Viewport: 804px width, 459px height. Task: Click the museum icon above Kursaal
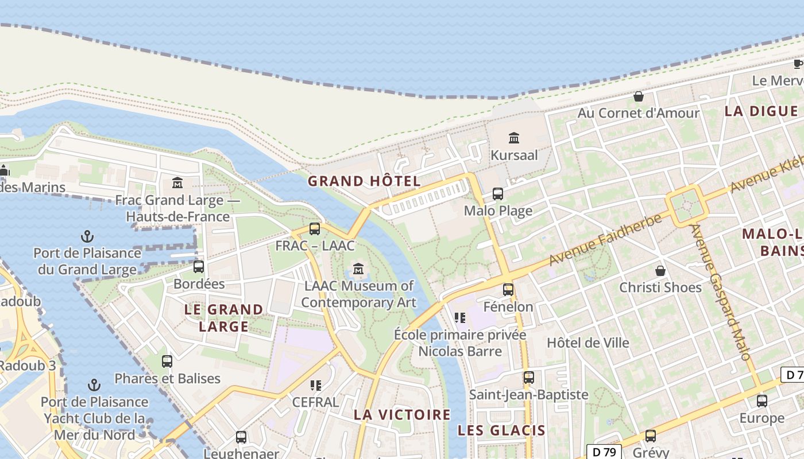point(514,138)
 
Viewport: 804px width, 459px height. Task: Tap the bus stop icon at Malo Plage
point(498,194)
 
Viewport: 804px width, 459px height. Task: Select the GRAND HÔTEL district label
point(364,181)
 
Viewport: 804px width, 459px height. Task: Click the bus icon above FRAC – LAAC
point(315,229)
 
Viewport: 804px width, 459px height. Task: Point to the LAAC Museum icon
point(359,269)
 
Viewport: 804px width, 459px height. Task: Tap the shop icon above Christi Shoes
point(660,270)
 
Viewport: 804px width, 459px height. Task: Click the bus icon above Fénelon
point(508,290)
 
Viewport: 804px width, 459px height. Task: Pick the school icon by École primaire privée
point(459,317)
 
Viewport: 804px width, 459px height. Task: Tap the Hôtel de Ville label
point(588,343)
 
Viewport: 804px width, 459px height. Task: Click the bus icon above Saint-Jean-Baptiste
point(529,378)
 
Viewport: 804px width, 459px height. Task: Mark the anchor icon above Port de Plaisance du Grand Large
point(87,236)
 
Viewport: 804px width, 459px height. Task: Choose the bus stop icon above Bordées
point(199,267)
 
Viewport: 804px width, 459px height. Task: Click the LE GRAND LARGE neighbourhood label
point(223,318)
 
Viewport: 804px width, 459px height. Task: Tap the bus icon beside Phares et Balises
point(167,361)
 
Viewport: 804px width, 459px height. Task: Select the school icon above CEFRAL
point(315,385)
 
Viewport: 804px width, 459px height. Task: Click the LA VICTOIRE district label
point(402,414)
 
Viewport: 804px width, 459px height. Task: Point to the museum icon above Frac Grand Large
point(177,183)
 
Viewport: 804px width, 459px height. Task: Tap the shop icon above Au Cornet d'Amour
point(638,96)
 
